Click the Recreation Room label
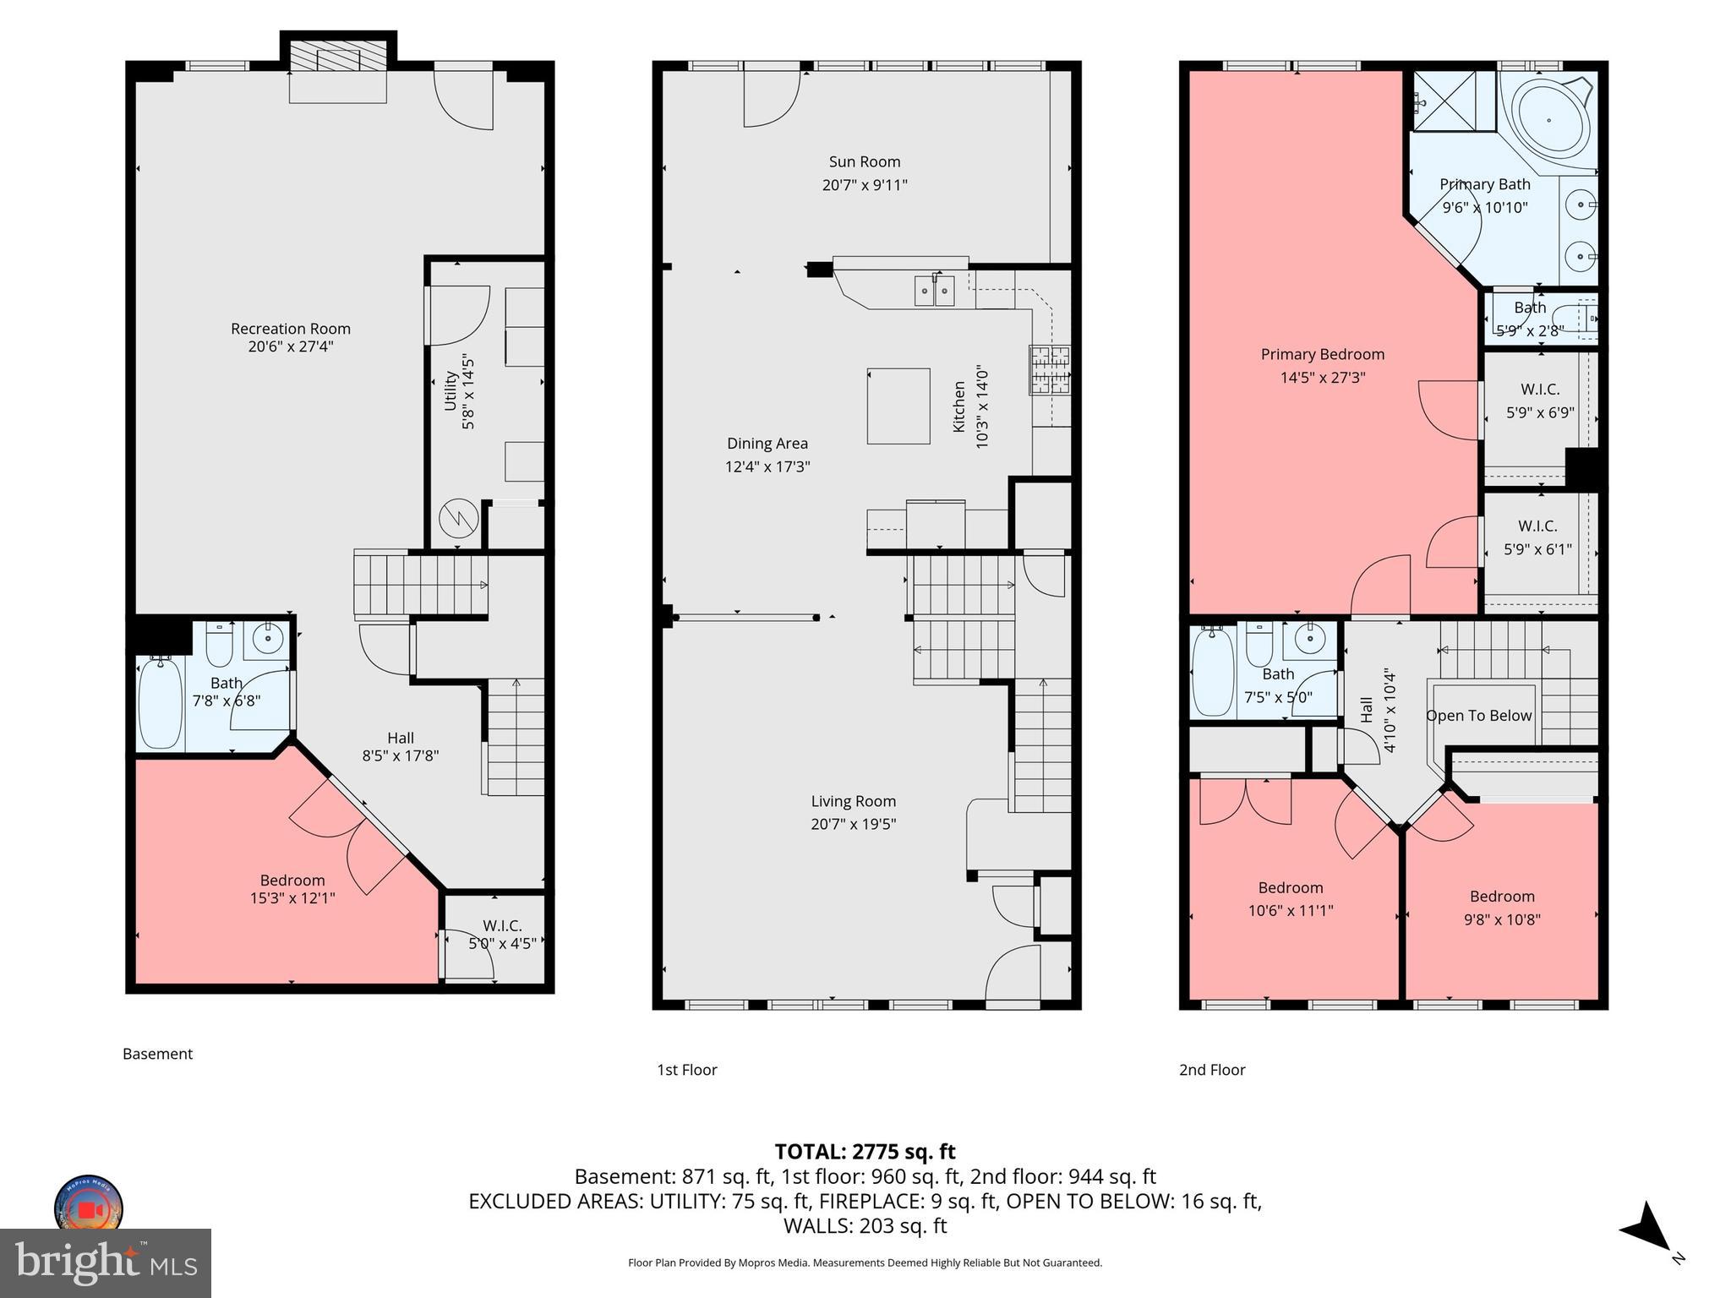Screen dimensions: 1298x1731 click(290, 328)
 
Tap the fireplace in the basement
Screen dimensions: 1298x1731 click(337, 60)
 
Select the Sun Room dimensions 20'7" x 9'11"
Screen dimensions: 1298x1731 click(864, 185)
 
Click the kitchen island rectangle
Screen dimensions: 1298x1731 click(898, 406)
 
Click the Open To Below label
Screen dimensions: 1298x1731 click(1478, 716)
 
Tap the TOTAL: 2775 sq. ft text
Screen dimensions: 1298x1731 click(865, 1151)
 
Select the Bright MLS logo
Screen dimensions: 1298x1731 click(106, 1263)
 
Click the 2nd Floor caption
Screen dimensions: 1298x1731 click(1211, 1070)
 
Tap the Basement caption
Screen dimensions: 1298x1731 click(157, 1054)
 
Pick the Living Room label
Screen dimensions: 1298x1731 click(853, 801)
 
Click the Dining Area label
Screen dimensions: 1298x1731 click(767, 443)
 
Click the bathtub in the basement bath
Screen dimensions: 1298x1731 click(160, 704)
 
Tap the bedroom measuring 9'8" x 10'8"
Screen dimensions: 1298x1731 click(1501, 908)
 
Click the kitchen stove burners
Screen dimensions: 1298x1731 click(1049, 369)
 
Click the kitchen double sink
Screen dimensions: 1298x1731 click(934, 291)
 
